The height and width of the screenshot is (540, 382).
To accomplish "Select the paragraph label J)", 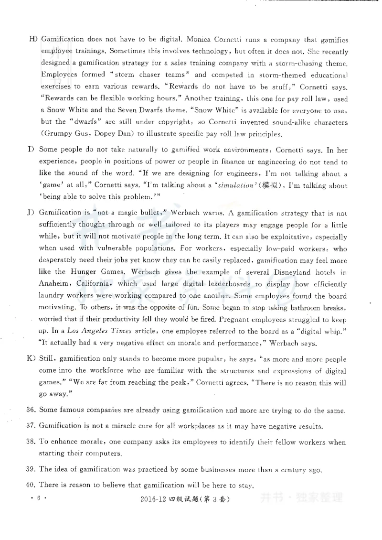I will point(33,212).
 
